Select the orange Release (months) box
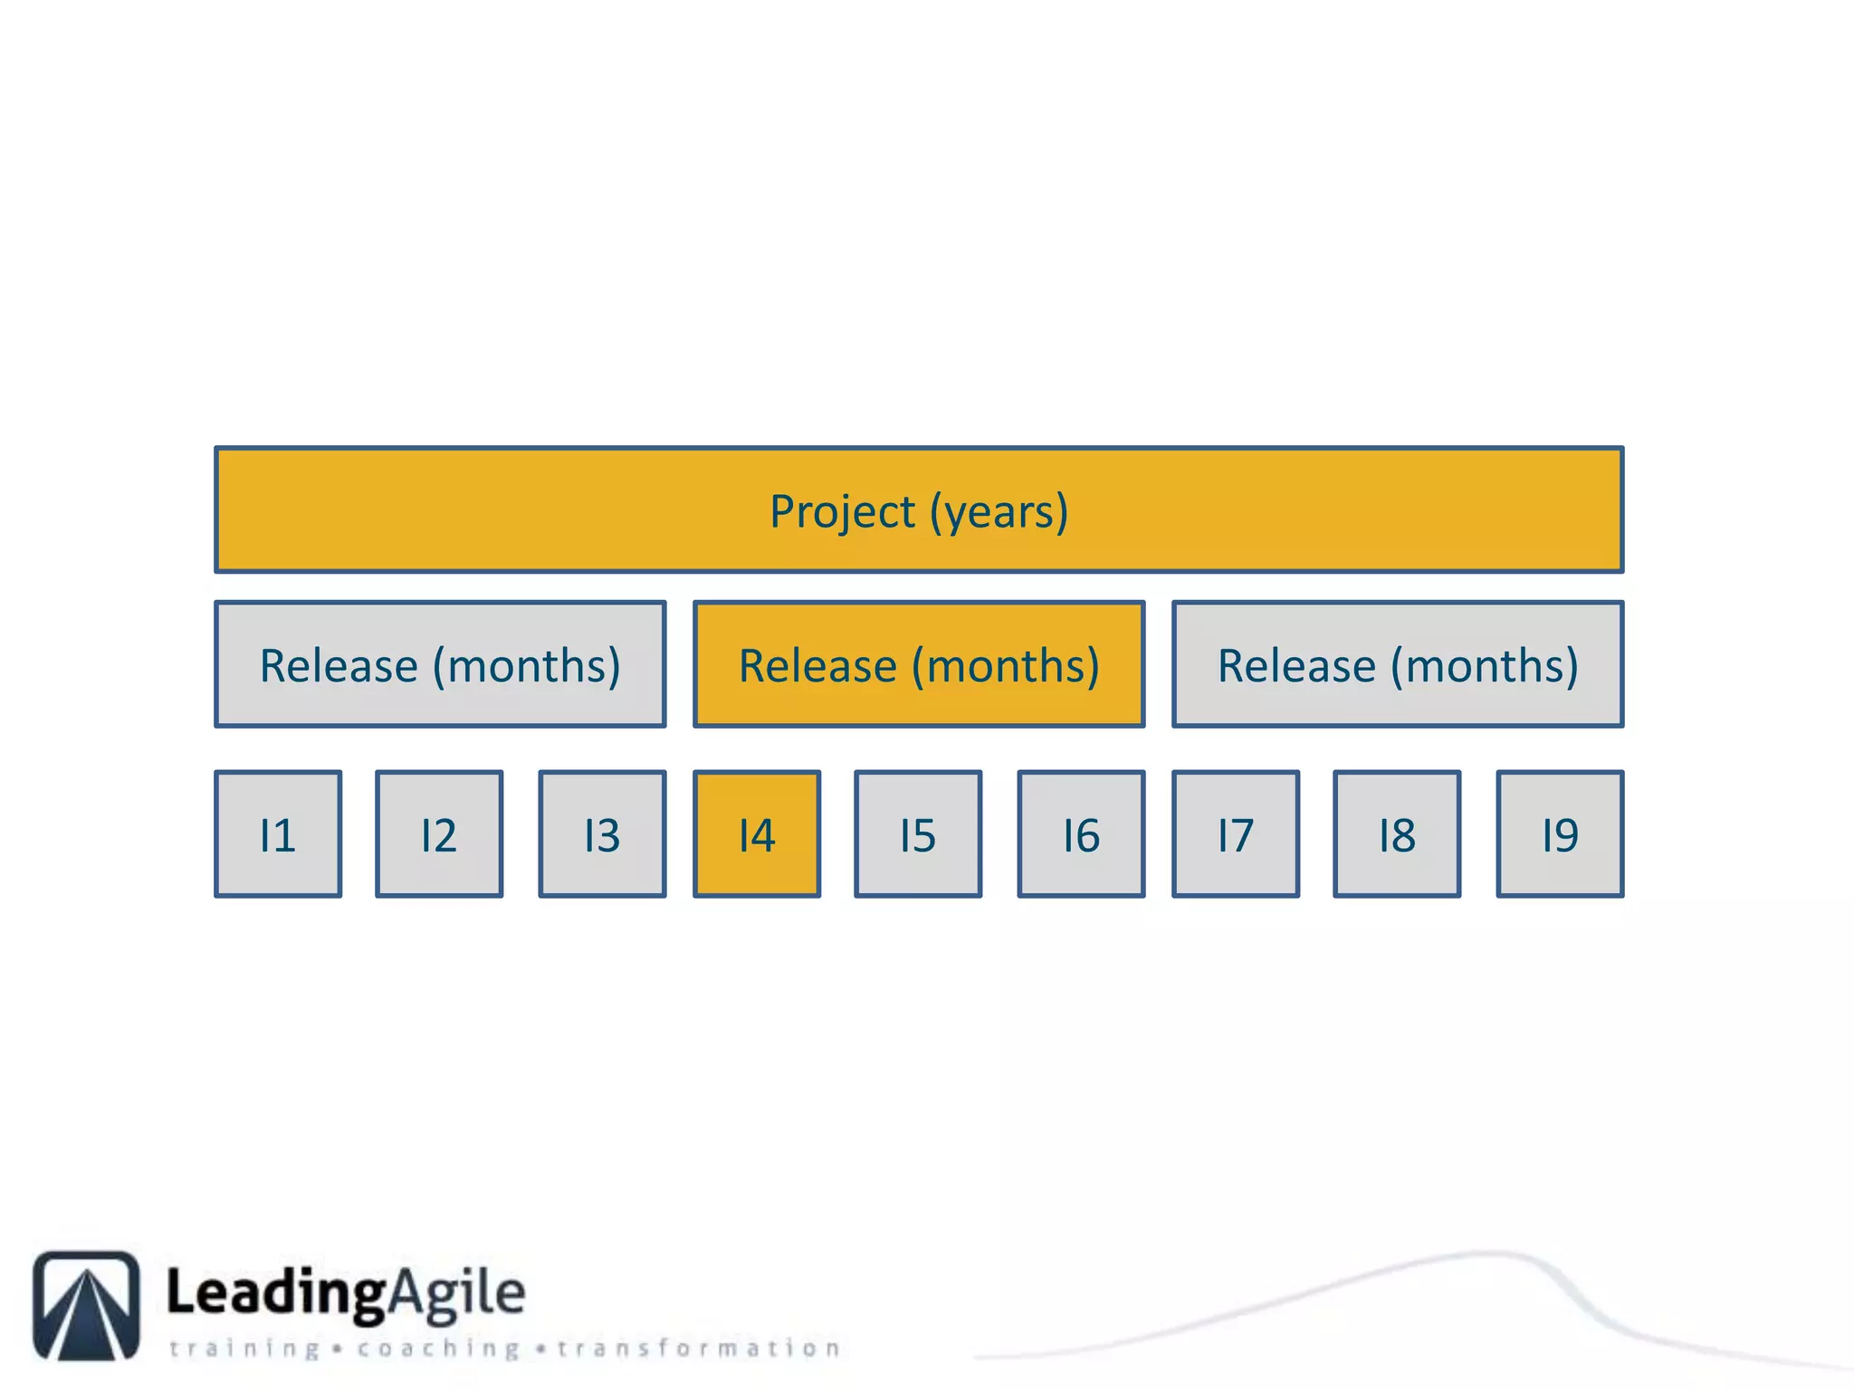click(x=919, y=664)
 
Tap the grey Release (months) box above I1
click(x=440, y=664)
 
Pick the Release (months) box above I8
click(x=1398, y=664)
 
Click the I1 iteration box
click(x=278, y=834)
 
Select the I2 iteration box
click(x=439, y=834)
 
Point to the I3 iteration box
click(x=602, y=834)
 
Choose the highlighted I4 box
click(x=757, y=834)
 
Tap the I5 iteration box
click(x=918, y=834)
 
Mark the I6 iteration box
click(x=1081, y=834)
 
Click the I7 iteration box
click(x=1236, y=834)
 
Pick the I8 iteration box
click(x=1397, y=834)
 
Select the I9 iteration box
click(x=1560, y=834)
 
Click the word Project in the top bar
click(x=842, y=512)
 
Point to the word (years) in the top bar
click(x=999, y=512)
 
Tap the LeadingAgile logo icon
click(x=87, y=1305)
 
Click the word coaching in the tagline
click(x=438, y=1349)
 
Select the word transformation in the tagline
click(x=699, y=1349)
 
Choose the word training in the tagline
click(x=244, y=1349)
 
